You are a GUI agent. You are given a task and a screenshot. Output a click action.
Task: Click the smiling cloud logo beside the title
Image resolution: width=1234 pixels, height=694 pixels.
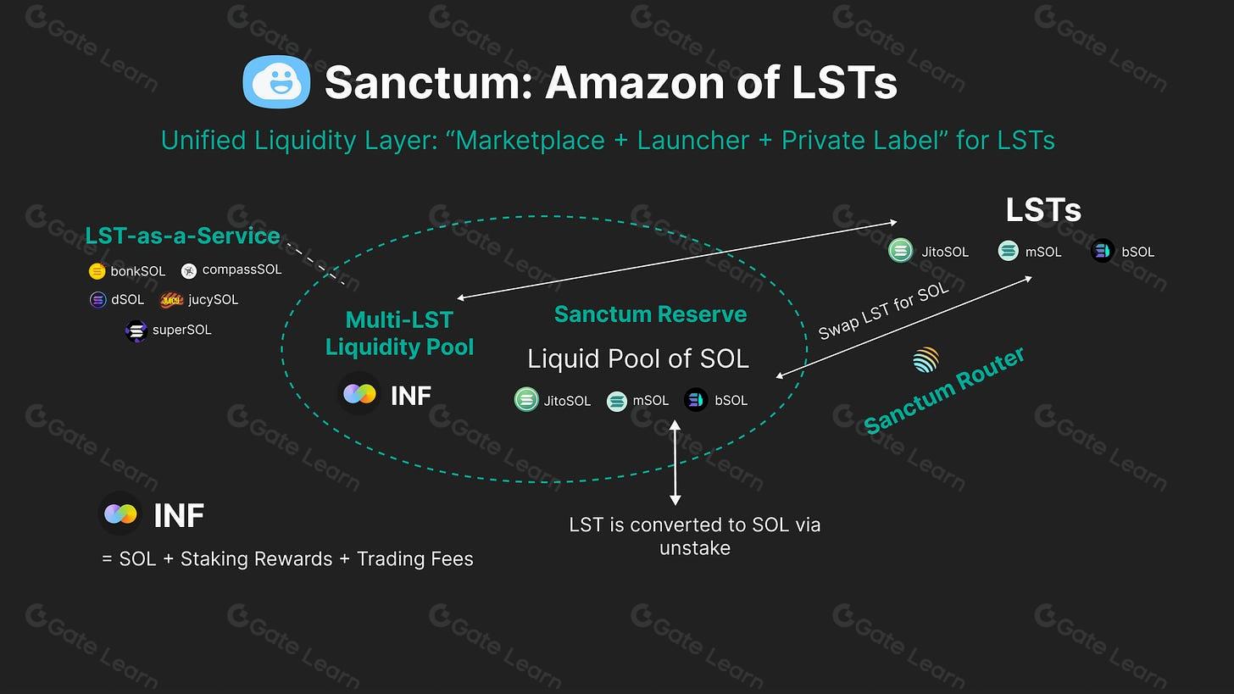pos(276,82)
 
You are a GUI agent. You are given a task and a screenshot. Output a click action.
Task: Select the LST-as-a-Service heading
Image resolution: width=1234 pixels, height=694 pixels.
pos(182,236)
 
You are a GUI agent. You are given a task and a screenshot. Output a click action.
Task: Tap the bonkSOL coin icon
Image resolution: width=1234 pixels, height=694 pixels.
pos(97,271)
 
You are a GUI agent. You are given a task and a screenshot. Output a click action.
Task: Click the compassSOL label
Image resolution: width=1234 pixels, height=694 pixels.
pos(242,269)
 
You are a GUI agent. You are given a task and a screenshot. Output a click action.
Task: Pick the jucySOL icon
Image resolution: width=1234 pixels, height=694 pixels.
pos(172,300)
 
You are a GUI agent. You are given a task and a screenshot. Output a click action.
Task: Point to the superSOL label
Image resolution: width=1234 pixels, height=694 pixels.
pos(181,330)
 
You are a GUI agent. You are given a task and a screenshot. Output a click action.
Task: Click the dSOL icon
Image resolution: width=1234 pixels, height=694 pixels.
pos(98,300)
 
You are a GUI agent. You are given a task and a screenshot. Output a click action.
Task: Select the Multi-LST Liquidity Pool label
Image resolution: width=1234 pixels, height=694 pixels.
pos(399,333)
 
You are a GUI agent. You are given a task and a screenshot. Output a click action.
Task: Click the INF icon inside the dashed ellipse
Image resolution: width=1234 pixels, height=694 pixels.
pos(359,395)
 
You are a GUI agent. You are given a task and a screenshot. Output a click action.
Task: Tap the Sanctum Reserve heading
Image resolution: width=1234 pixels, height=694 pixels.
pos(650,314)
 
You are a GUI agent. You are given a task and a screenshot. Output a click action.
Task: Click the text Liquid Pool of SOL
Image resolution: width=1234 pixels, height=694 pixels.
pos(637,358)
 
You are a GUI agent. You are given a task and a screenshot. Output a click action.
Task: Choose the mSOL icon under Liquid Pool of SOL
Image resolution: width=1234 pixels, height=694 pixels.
pos(617,401)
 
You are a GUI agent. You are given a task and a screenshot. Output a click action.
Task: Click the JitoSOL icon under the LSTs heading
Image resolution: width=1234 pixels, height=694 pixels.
pos(900,251)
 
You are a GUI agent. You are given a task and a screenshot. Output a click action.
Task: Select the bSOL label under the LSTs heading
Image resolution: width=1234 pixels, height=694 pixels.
pos(1137,252)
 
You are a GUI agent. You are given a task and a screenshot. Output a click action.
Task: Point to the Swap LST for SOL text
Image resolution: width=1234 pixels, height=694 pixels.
pos(882,311)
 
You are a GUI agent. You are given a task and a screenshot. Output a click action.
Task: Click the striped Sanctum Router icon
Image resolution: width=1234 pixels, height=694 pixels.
pos(925,360)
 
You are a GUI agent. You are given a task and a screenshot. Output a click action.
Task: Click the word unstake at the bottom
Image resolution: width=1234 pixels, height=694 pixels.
pos(694,548)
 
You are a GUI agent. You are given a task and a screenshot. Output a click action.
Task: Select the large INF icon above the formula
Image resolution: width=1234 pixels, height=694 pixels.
pos(120,514)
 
